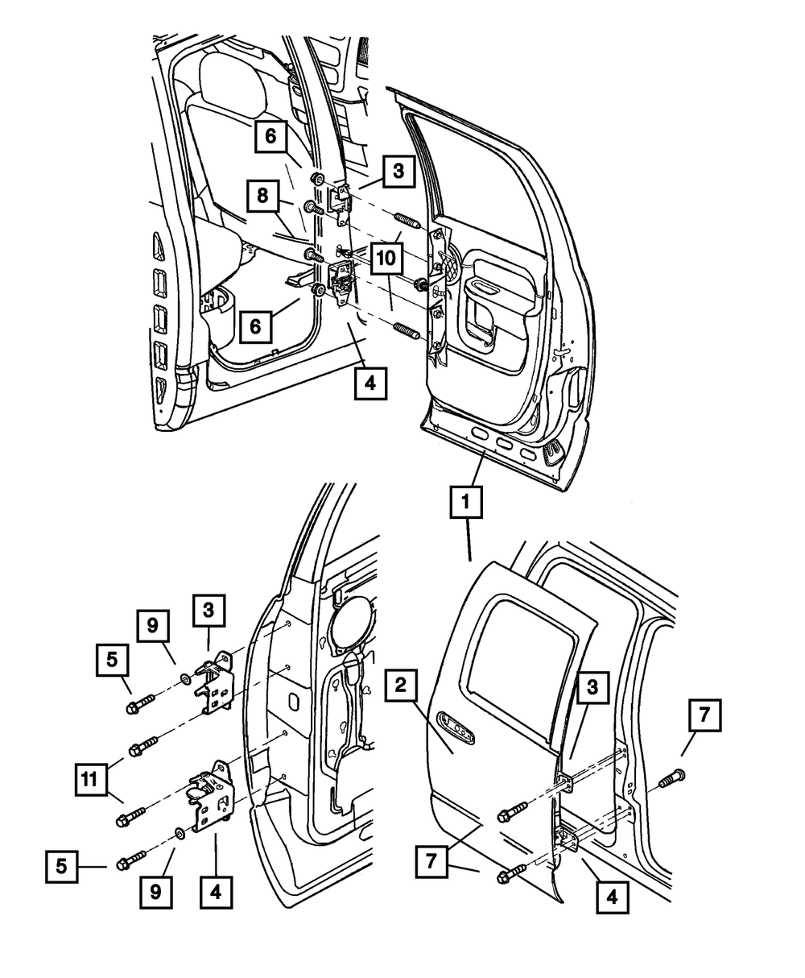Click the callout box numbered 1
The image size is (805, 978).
click(x=466, y=504)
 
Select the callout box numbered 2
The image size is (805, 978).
click(x=402, y=688)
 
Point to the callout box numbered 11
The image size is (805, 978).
click(x=95, y=781)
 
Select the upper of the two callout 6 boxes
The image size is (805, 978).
click(x=271, y=136)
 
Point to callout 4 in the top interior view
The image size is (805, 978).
click(x=369, y=383)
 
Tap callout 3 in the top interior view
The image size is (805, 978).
click(x=398, y=171)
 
